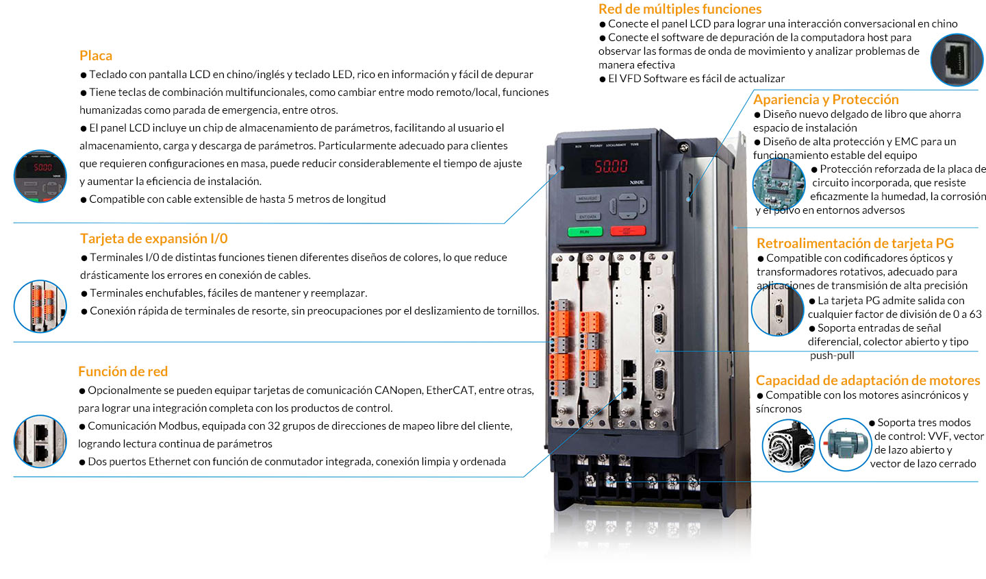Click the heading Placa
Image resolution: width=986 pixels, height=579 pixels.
click(x=96, y=56)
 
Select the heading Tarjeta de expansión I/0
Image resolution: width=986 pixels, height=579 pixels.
click(x=153, y=238)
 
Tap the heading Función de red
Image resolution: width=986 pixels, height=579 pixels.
click(x=123, y=371)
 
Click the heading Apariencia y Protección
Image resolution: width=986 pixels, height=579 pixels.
click(x=826, y=99)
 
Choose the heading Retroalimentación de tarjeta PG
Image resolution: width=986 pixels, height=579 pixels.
click(x=855, y=243)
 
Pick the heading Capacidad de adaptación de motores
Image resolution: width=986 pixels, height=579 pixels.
click(x=868, y=380)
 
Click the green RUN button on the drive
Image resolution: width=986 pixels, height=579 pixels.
click(x=585, y=232)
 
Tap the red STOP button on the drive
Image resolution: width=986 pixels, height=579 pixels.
click(x=627, y=230)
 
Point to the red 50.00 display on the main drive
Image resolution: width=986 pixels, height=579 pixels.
click(x=611, y=166)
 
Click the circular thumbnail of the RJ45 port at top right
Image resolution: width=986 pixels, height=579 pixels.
click(x=957, y=60)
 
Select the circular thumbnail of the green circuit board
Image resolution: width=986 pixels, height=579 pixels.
click(x=779, y=184)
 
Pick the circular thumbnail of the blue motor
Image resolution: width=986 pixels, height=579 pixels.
click(x=845, y=445)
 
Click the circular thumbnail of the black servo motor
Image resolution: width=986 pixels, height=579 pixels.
click(x=788, y=445)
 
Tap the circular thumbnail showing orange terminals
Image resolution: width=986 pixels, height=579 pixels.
click(x=40, y=306)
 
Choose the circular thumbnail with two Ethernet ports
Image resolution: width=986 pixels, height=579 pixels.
click(x=40, y=441)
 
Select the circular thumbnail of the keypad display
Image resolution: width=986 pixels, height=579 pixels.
click(x=40, y=176)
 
